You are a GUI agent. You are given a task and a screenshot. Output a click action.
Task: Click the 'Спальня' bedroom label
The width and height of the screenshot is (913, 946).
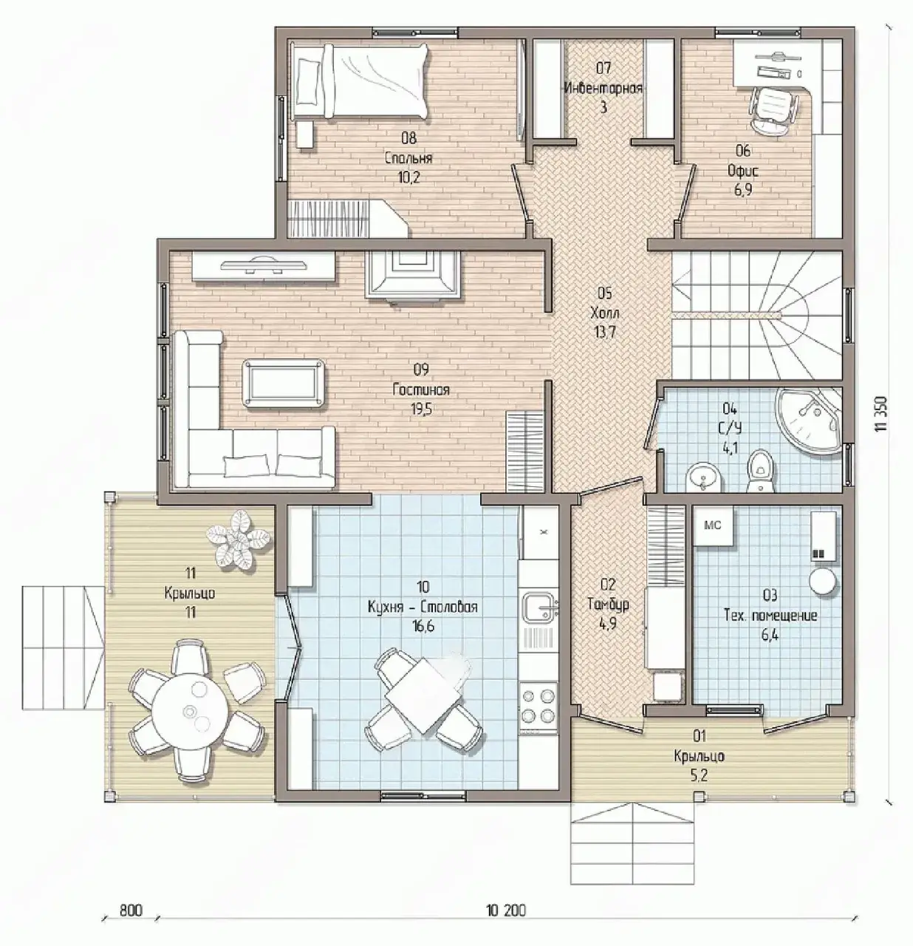408,158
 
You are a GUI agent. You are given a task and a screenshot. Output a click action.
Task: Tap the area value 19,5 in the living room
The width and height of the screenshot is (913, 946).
420,409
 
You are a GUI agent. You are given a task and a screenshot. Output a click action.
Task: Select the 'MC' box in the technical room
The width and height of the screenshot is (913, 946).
712,525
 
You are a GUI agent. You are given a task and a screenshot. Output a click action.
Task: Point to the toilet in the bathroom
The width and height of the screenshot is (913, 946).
760,471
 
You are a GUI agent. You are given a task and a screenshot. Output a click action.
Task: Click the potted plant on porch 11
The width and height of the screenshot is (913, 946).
238,539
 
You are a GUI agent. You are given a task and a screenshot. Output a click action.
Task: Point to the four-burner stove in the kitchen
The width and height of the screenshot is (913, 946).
538,704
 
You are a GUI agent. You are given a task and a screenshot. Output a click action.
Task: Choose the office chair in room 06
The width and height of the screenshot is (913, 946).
774,110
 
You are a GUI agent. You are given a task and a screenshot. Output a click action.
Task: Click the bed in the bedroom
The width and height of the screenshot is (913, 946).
360,81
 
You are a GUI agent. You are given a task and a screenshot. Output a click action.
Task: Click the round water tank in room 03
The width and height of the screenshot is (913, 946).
821,580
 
